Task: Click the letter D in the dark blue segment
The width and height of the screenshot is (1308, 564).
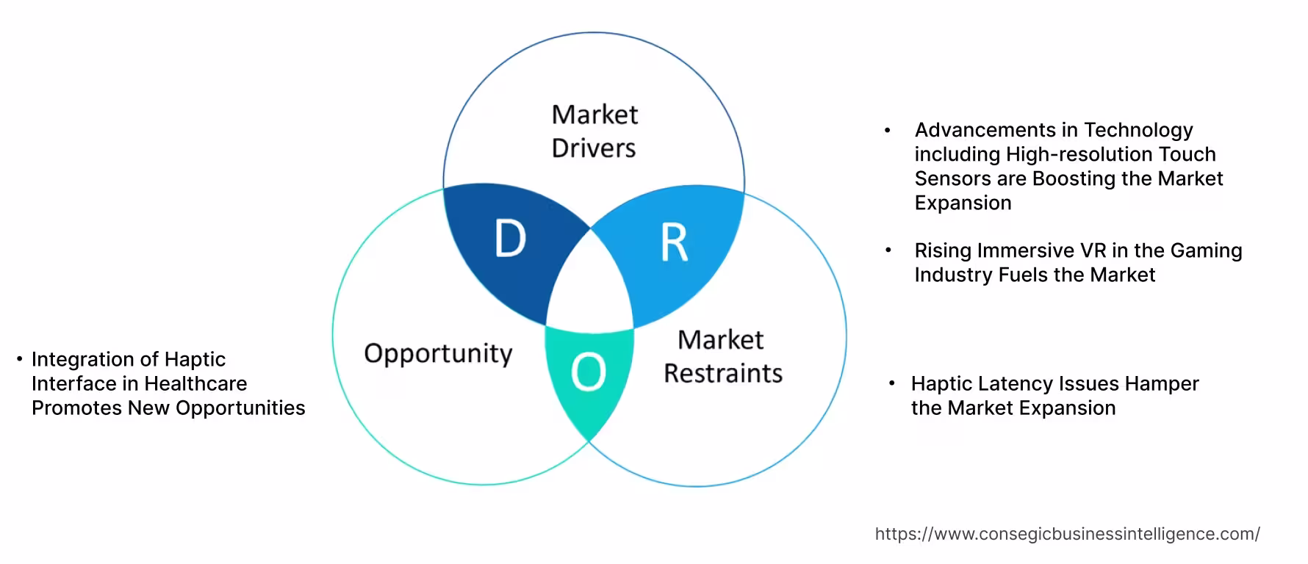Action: point(510,239)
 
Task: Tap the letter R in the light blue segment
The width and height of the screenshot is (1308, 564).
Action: point(674,243)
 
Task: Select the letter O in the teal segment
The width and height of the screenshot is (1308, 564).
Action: point(588,372)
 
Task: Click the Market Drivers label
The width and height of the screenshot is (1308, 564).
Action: point(594,131)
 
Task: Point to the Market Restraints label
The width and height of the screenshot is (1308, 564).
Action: point(722,357)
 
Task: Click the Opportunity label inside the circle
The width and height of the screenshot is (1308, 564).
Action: point(438,353)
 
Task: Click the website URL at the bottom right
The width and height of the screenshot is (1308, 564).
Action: point(1067,534)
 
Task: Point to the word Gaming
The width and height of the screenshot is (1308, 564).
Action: point(1206,250)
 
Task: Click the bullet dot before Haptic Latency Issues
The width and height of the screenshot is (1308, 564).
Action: point(891,383)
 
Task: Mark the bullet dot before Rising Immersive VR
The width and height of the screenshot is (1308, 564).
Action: point(888,250)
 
